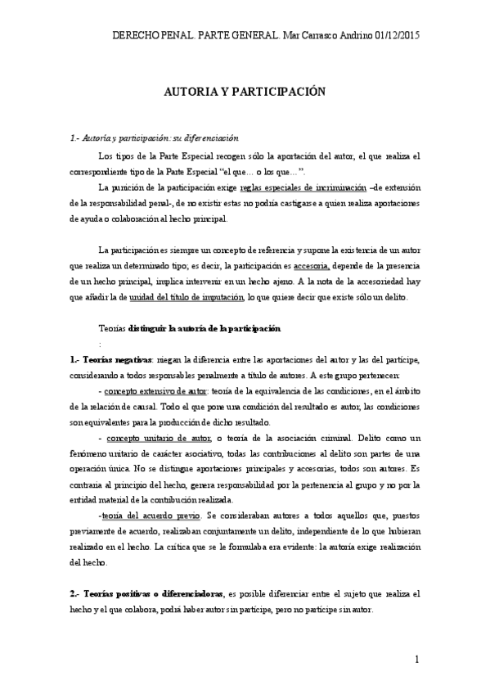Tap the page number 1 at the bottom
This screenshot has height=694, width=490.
tap(417, 660)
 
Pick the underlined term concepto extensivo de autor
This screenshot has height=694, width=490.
tap(157, 391)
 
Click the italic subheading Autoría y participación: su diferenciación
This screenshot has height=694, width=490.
tap(156, 138)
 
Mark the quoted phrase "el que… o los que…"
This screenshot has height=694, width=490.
tap(263, 171)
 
